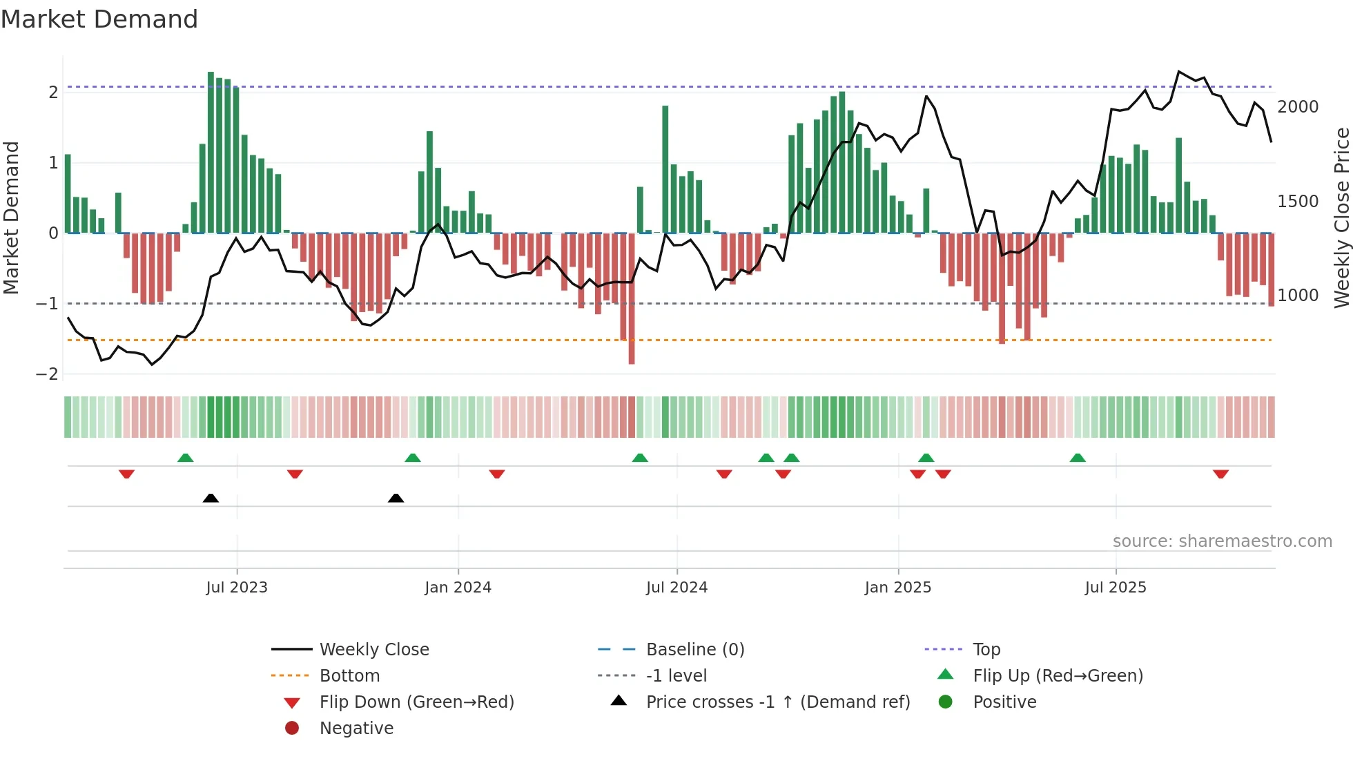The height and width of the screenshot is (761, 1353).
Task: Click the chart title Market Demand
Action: point(99,19)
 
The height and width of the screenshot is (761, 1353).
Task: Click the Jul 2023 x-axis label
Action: point(236,588)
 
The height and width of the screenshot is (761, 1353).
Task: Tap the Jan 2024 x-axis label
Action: point(458,588)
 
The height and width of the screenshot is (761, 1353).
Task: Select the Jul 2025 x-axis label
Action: point(1115,588)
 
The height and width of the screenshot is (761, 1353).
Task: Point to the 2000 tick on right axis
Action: point(1298,107)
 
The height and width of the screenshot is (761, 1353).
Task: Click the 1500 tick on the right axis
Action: point(1298,202)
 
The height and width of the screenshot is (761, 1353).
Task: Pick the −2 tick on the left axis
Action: point(47,374)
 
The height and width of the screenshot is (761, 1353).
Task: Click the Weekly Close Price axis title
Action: point(1341,218)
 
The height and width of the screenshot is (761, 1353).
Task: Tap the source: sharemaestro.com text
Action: point(1222,541)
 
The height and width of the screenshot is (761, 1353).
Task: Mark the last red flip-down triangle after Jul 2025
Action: point(1220,474)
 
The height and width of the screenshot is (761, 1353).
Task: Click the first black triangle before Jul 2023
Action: point(211,498)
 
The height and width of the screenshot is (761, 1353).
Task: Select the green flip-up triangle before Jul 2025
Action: point(1078,458)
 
